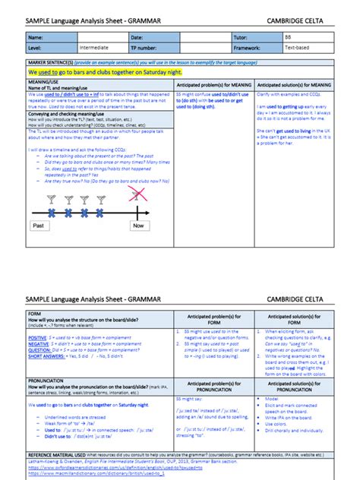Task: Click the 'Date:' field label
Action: pos(137,36)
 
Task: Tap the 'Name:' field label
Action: pos(36,36)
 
